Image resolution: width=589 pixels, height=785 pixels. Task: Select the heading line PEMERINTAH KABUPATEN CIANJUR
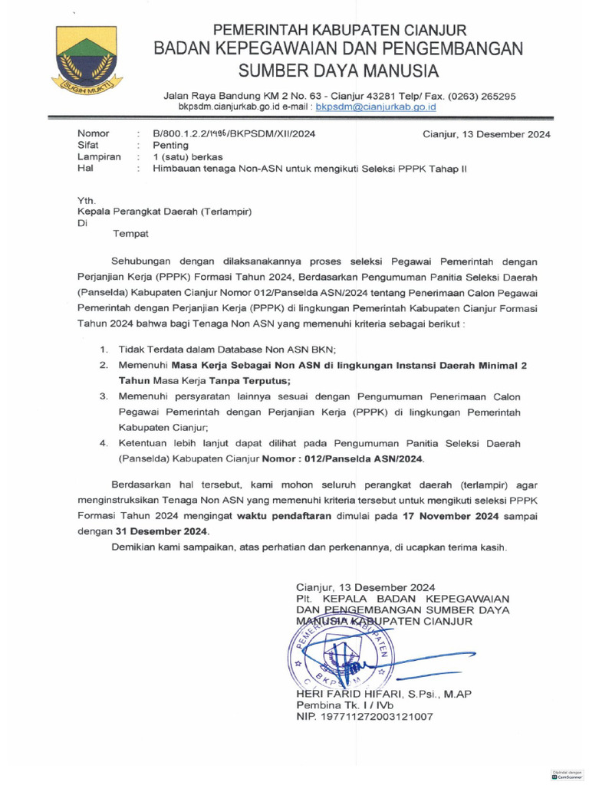click(339, 31)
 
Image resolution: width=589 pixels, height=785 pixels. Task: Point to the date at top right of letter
click(486, 134)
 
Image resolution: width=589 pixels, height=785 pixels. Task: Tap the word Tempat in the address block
click(132, 234)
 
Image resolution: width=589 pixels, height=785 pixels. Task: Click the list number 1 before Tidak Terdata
click(103, 350)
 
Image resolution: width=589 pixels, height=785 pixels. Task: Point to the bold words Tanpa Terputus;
click(250, 380)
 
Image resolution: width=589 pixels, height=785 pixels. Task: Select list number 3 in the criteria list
click(103, 396)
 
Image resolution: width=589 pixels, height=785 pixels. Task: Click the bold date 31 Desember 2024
click(160, 531)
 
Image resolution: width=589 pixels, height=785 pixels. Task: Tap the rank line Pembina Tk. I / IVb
click(345, 705)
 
